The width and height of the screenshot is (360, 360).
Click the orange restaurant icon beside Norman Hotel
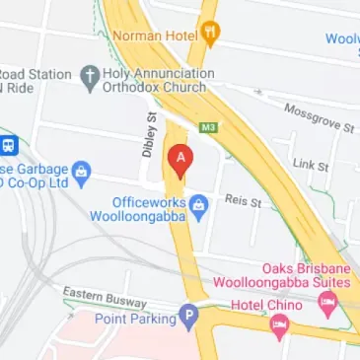209,34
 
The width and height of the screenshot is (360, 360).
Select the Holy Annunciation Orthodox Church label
159,80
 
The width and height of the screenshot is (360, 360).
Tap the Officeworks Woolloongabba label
149,209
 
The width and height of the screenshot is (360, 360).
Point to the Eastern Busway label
105,297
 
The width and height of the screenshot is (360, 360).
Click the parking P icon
188,317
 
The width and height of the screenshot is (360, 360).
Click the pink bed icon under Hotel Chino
280,324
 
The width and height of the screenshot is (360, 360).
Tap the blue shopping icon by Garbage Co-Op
83,175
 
